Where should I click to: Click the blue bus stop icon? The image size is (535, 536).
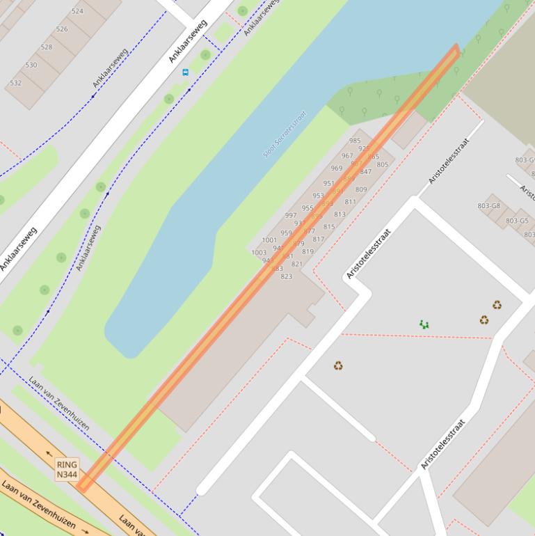point(185,72)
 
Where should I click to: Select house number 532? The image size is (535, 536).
point(15,84)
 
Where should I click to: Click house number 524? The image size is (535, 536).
point(77,11)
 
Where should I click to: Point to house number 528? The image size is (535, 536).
point(47,47)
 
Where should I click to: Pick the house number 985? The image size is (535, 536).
point(355,141)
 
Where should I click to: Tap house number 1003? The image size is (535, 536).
point(259,253)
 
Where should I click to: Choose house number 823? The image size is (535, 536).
point(286,276)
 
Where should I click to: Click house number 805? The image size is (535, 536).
point(382,164)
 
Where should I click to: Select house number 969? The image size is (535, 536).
point(337,168)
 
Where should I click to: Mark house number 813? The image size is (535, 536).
point(340,214)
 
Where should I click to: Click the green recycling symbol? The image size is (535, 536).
point(424,324)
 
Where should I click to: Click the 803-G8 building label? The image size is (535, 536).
point(489,206)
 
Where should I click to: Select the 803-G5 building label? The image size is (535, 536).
point(517,221)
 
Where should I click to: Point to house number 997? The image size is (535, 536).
point(291,216)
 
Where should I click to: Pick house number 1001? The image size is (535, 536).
point(269,240)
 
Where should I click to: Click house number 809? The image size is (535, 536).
point(361,189)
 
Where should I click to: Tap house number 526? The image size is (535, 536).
point(62,29)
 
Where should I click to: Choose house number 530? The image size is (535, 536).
point(31,65)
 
